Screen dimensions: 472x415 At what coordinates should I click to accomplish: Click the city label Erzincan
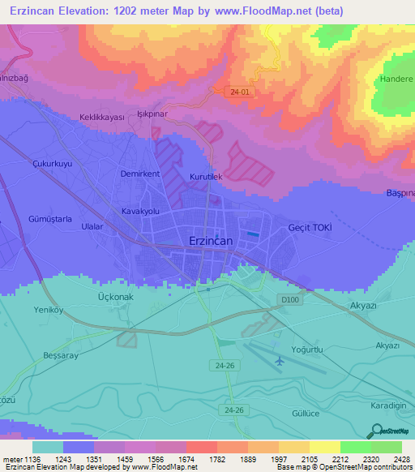point(211,242)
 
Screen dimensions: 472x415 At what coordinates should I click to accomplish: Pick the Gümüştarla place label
point(51,219)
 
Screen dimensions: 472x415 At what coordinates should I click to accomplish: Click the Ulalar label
point(92,227)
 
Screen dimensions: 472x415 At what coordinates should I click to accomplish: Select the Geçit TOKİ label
point(310,229)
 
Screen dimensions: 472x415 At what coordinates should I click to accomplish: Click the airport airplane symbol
point(278,360)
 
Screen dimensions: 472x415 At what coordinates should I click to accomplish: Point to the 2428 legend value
point(401,459)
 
